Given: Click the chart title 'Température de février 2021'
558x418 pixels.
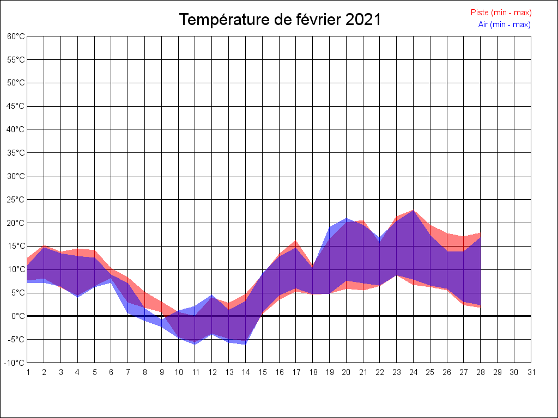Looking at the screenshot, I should [280, 20].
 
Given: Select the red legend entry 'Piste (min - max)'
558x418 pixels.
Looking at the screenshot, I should [501, 13].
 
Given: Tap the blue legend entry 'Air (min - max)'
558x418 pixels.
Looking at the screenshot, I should [504, 24].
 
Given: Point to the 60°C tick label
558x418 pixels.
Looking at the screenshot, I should [16, 36].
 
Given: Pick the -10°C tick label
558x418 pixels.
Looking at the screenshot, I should [15, 362].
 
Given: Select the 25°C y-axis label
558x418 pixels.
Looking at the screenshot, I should [16, 199].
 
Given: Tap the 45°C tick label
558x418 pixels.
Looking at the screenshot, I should [16, 106].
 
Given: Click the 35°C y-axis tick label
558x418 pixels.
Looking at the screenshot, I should [16, 153].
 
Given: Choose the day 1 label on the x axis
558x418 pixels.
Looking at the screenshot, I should [27, 372].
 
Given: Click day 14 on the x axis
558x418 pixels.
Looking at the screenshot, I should [245, 372].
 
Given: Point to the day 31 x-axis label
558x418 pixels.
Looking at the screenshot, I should [531, 372].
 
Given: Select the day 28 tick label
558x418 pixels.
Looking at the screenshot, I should [480, 372].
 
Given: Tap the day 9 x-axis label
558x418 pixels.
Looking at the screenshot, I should [161, 372].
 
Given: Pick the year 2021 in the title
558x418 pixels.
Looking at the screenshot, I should [363, 20].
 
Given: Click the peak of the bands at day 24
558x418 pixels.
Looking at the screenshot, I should [413, 210].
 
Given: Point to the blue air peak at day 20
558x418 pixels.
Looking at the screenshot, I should [346, 218].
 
